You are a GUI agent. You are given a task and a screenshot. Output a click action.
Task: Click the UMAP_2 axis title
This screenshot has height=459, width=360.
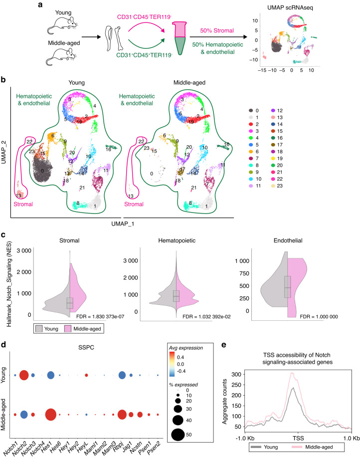pos(5,153)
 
